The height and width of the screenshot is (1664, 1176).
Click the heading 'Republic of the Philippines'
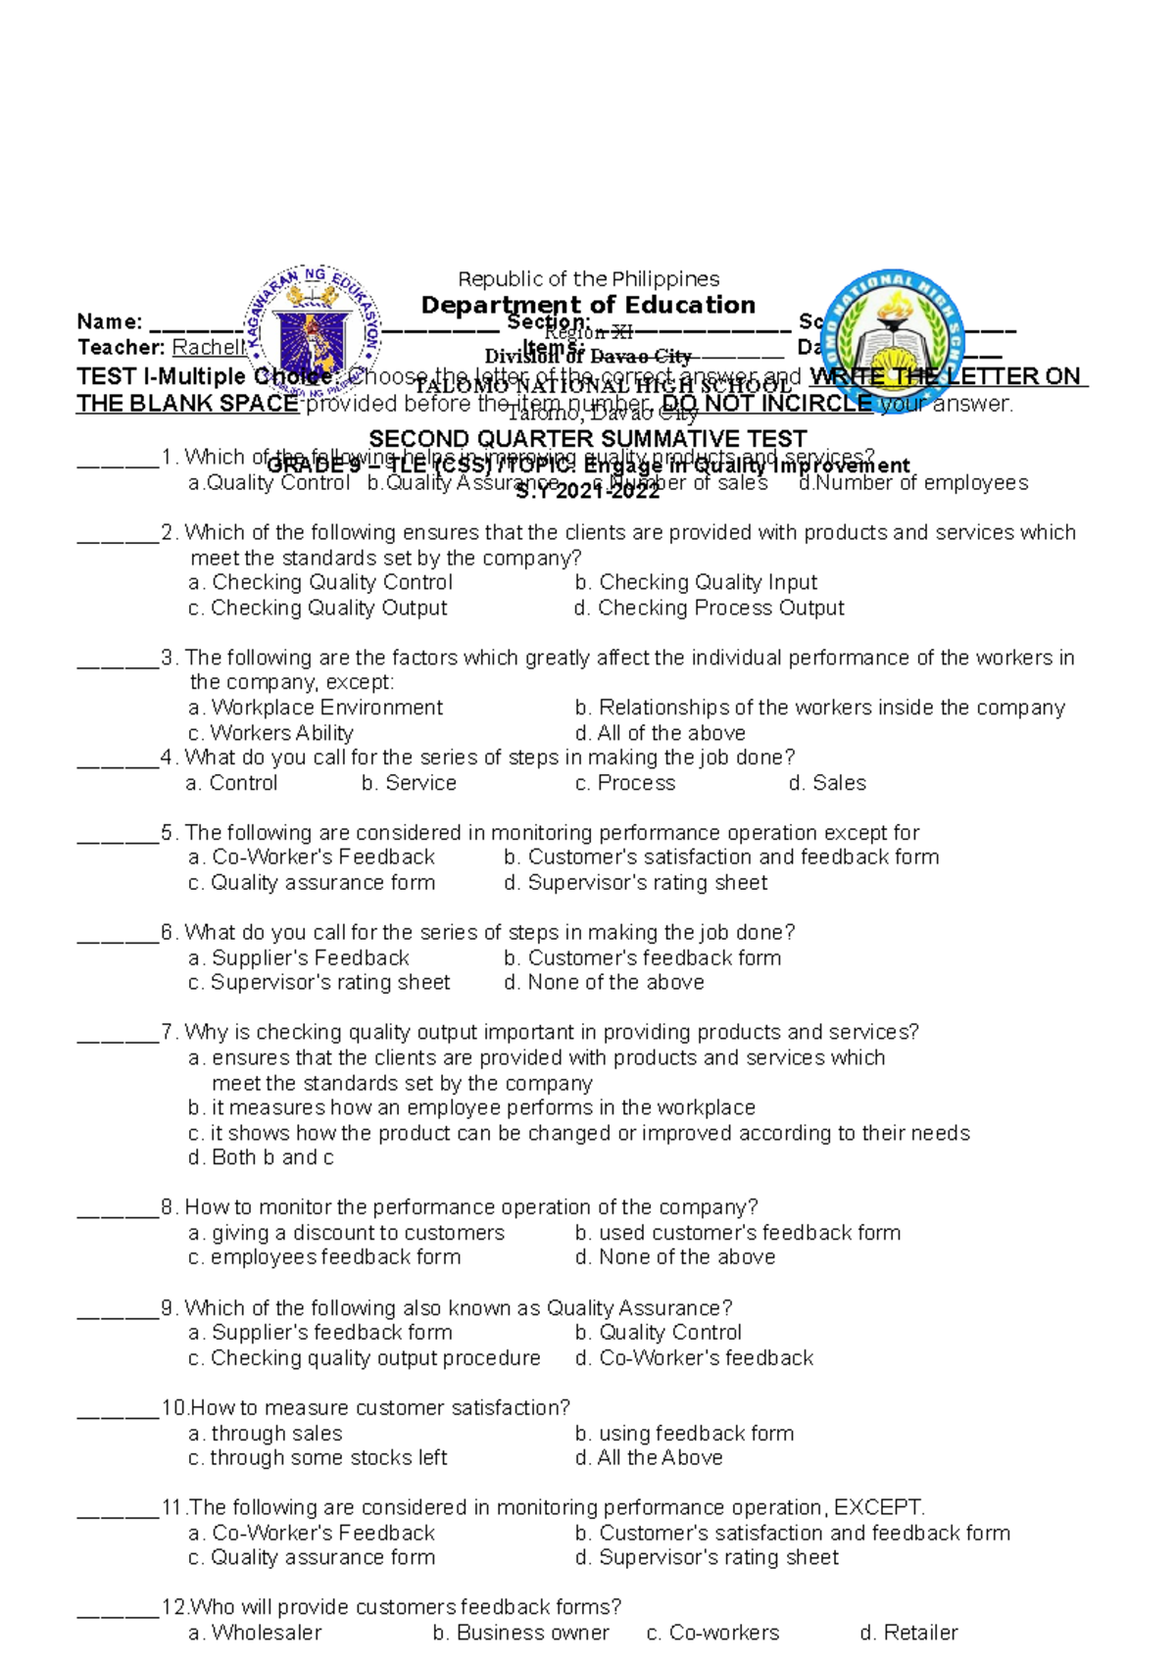[x=588, y=279]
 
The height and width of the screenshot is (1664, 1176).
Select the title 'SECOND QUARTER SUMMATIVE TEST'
[x=587, y=438]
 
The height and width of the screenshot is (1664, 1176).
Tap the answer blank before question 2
[x=118, y=534]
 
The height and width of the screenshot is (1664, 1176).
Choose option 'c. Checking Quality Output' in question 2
[x=318, y=608]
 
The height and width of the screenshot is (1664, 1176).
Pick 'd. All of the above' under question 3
[x=661, y=733]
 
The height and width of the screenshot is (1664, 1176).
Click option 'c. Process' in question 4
[x=625, y=783]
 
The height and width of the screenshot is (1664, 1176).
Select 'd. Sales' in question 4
[x=827, y=783]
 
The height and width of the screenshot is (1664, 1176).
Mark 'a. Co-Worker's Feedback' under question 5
[x=311, y=857]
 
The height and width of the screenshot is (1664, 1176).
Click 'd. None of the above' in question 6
[x=604, y=982]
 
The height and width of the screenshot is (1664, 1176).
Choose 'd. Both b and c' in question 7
[x=261, y=1157]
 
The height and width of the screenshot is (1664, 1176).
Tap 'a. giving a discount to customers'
[x=346, y=1233]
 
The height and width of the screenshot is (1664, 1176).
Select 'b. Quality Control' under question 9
[x=659, y=1333]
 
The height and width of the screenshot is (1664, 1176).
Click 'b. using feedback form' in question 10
[x=684, y=1433]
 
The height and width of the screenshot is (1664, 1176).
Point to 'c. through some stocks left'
[x=318, y=1457]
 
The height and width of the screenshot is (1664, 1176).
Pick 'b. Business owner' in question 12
[x=520, y=1633]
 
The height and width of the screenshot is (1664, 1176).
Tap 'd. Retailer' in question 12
[x=908, y=1633]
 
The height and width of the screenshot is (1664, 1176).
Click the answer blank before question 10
[x=118, y=1409]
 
